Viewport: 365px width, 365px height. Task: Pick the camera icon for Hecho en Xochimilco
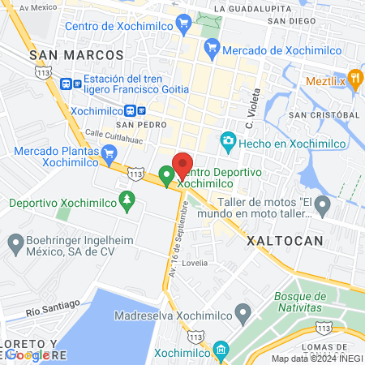(x=229, y=143)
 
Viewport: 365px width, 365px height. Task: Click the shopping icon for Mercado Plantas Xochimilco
(x=109, y=152)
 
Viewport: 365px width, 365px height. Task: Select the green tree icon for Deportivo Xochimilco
(x=126, y=200)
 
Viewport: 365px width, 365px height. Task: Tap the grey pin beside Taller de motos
(x=323, y=203)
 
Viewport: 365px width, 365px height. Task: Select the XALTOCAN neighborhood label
(x=285, y=241)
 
